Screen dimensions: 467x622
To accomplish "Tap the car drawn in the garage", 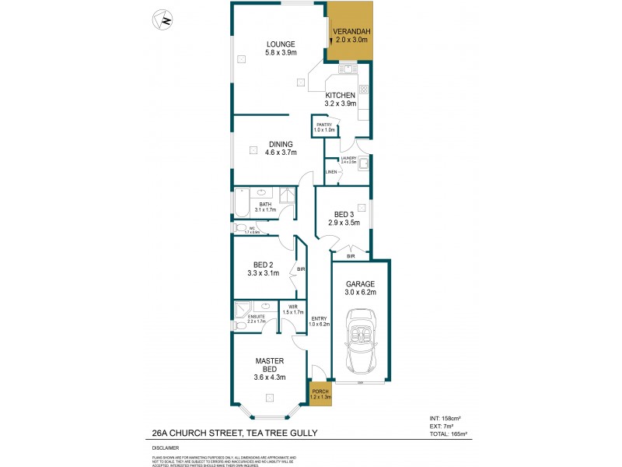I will [x=362, y=342].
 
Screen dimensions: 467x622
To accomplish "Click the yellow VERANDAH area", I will [x=351, y=35].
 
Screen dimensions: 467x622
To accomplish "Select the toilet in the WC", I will [x=241, y=228].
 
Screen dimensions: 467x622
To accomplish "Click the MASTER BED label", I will [x=269, y=366].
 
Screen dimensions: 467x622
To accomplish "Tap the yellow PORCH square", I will [x=320, y=394].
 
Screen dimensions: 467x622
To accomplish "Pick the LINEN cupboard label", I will [x=330, y=171].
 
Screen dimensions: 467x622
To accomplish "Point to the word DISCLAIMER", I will [x=165, y=448].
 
